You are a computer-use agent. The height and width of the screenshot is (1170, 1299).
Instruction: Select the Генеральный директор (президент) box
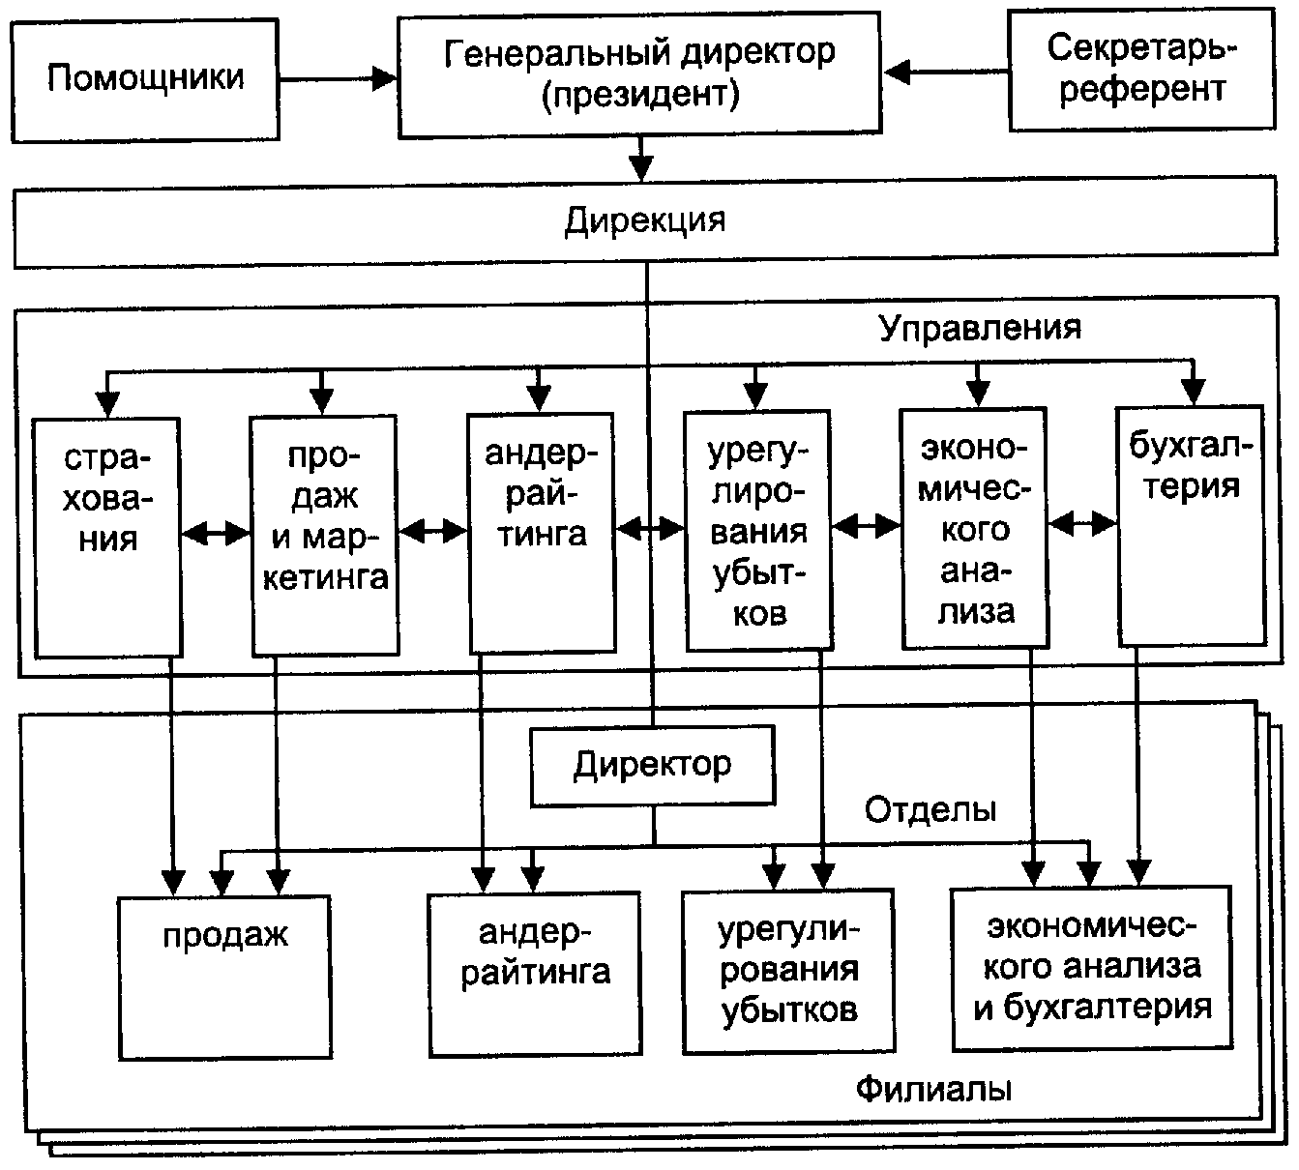click(x=639, y=73)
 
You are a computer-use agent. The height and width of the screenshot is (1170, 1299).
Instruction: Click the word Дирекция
click(x=645, y=220)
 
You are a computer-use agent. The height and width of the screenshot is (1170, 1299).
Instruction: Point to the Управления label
click(x=979, y=328)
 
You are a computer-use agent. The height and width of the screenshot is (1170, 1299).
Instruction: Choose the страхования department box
click(x=107, y=536)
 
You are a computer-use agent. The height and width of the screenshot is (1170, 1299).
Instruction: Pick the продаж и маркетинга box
click(x=324, y=536)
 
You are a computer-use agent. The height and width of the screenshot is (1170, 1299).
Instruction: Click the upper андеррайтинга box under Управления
click(x=541, y=533)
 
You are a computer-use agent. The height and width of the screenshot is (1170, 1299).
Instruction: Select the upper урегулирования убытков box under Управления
click(x=757, y=531)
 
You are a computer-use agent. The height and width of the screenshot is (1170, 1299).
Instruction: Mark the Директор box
click(x=653, y=766)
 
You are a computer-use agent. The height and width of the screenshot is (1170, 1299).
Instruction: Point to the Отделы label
click(x=930, y=809)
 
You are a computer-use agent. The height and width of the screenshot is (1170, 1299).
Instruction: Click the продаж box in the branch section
click(x=224, y=977)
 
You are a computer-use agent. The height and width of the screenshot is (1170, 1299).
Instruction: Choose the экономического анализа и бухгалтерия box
click(x=1092, y=968)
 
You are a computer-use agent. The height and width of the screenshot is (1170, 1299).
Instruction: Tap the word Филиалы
click(x=934, y=1090)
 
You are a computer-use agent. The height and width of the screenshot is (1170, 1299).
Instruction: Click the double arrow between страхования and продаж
click(x=216, y=533)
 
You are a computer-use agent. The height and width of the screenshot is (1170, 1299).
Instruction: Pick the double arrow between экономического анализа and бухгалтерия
click(x=1082, y=524)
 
